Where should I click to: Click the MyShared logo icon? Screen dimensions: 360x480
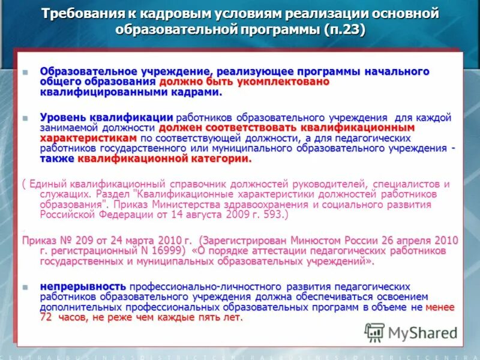point(374,332)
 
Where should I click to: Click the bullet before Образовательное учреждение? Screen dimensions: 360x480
point(25,72)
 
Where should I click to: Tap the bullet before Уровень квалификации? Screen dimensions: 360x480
point(25,118)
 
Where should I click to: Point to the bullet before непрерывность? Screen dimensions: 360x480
point(25,287)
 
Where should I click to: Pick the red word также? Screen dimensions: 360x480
point(57,159)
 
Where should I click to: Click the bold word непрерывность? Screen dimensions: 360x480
point(83,287)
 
